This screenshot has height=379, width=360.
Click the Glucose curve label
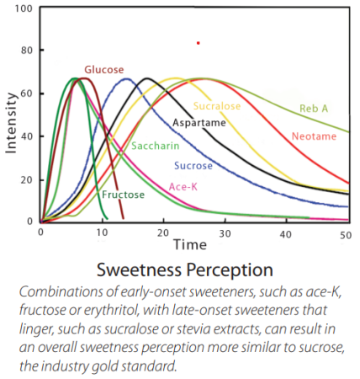[103, 69]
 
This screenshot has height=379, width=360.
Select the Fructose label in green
[123, 195]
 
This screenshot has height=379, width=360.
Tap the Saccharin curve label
[154, 147]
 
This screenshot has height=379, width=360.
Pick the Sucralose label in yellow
[217, 107]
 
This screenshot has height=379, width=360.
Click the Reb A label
[314, 109]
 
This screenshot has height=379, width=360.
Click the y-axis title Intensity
[12, 122]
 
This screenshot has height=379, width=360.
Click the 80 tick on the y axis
[26, 51]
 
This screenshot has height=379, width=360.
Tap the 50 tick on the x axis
[344, 232]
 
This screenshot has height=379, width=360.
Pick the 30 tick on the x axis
[223, 232]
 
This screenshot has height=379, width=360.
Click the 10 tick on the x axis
[101, 232]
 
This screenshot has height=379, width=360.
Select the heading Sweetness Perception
[185, 270]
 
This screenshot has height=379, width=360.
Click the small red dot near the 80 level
[198, 42]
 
